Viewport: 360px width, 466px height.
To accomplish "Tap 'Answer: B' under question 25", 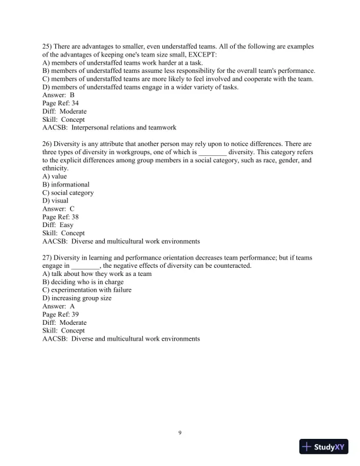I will click(x=59, y=94).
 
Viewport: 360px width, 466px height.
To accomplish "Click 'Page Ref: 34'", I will click(x=61, y=102).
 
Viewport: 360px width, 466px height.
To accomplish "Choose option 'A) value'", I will click(x=55, y=176).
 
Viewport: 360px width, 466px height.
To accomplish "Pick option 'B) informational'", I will click(x=66, y=184).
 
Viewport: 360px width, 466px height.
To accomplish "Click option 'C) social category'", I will click(x=68, y=192).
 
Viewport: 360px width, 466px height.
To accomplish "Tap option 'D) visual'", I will click(x=56, y=201).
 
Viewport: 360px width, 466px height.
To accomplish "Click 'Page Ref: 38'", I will click(x=61, y=217).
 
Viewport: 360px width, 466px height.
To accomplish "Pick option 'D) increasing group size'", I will click(x=77, y=298).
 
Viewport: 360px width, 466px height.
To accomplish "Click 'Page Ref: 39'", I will click(x=61, y=314).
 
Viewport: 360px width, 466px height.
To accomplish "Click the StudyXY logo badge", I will click(x=324, y=447).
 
